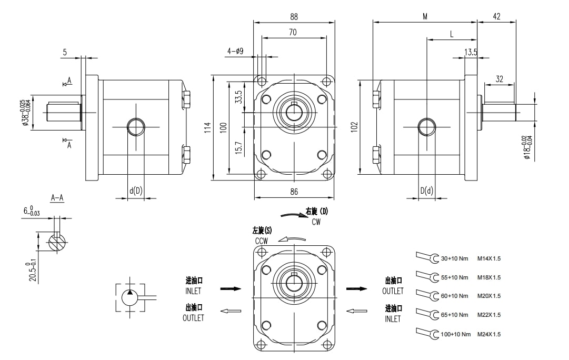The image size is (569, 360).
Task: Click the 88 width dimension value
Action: coord(294,17)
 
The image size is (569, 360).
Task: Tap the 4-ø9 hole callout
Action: coord(235,51)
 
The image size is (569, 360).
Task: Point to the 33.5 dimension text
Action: coord(238,97)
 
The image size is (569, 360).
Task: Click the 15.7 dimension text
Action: coord(238,149)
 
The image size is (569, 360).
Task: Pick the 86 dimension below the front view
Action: coord(294,192)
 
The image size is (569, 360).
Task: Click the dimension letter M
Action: coord(425,17)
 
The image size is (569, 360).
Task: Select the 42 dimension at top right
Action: coord(496,17)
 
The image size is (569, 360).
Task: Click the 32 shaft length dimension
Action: coord(499,79)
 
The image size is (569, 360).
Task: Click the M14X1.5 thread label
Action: coord(489,258)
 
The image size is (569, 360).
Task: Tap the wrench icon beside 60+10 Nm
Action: coord(427,295)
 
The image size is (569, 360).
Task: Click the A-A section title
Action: coord(57,198)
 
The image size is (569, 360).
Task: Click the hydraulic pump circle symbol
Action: coord(129,297)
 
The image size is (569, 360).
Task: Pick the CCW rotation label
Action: coord(262,241)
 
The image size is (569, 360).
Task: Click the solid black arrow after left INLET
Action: coord(230,288)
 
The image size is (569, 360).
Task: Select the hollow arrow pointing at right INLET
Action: coord(356,311)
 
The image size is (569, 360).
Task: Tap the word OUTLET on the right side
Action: coord(393,291)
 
